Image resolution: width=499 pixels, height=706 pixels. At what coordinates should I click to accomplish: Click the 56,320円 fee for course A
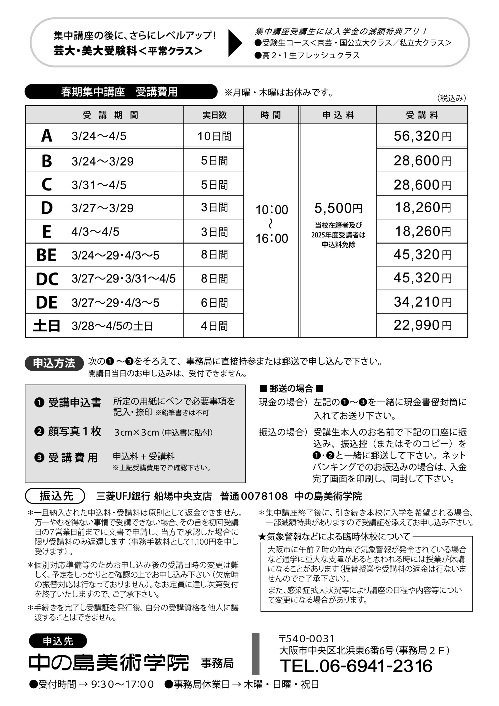(x=422, y=136)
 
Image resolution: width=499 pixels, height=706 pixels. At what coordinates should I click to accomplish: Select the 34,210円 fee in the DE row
(x=422, y=302)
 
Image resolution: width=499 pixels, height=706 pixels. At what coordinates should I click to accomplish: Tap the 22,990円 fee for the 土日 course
(x=422, y=325)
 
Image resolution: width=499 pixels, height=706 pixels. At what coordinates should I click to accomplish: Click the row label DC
(x=47, y=279)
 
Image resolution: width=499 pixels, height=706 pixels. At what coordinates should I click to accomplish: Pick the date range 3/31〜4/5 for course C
(x=99, y=185)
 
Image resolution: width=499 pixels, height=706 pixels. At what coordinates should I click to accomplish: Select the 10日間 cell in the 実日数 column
(x=214, y=136)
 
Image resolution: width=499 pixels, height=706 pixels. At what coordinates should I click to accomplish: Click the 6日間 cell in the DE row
(x=214, y=303)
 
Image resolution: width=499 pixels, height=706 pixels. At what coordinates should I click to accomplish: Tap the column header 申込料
(x=338, y=115)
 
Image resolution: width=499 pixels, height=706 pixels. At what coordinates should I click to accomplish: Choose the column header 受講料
(x=422, y=115)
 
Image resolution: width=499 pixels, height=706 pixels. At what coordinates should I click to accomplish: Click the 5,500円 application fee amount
(x=338, y=208)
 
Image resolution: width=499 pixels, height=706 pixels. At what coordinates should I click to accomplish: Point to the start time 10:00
(x=272, y=210)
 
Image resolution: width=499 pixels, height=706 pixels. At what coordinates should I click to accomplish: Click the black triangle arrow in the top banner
(x=235, y=43)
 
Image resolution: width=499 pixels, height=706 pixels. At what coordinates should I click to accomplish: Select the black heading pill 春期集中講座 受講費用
(x=120, y=92)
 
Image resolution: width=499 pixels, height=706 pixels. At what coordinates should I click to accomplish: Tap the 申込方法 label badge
(x=54, y=363)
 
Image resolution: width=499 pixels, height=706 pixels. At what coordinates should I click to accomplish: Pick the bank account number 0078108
(x=264, y=496)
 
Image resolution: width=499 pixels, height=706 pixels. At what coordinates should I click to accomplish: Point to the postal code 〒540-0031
(x=307, y=639)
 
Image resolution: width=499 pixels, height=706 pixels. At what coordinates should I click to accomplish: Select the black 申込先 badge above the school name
(x=58, y=641)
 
